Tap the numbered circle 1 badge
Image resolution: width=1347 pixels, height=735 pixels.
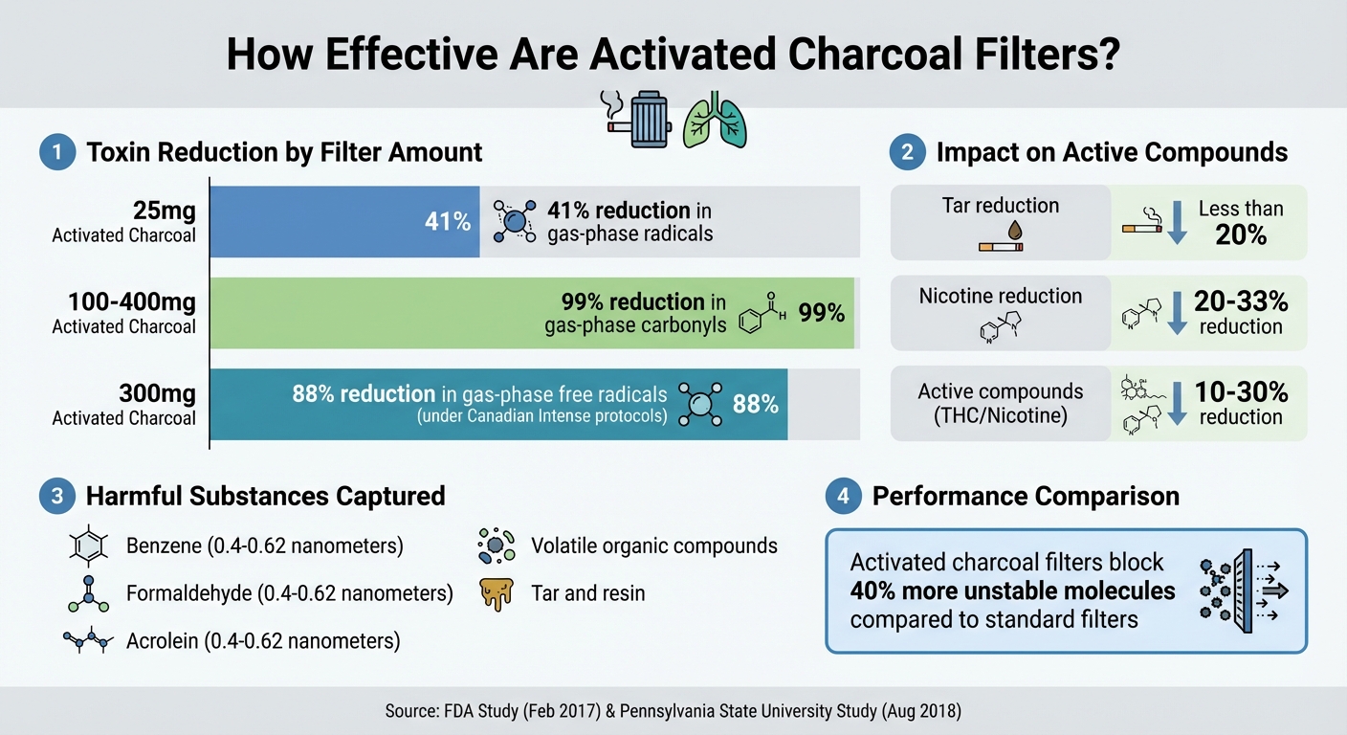[x=57, y=153]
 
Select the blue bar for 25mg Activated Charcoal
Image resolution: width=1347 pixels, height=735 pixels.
[x=344, y=222]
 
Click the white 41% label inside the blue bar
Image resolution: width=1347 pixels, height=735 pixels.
[x=448, y=222]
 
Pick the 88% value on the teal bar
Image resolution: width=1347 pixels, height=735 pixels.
[x=755, y=404]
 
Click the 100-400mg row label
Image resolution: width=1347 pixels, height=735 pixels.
[x=131, y=303]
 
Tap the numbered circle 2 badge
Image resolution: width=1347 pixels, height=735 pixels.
[x=907, y=153]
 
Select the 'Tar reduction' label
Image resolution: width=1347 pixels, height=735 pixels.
[x=1000, y=206]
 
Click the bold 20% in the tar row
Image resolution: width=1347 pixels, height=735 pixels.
[x=1241, y=234]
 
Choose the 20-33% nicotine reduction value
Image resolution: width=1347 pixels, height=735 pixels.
[x=1241, y=301]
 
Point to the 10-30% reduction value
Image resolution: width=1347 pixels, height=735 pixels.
[x=1241, y=391]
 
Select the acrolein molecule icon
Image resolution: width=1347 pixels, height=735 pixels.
[x=88, y=641]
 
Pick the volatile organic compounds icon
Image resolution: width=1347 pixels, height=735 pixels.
[x=496, y=546]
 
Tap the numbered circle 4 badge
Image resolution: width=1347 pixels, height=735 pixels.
[x=843, y=497]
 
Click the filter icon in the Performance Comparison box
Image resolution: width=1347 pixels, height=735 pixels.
[x=1241, y=590]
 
